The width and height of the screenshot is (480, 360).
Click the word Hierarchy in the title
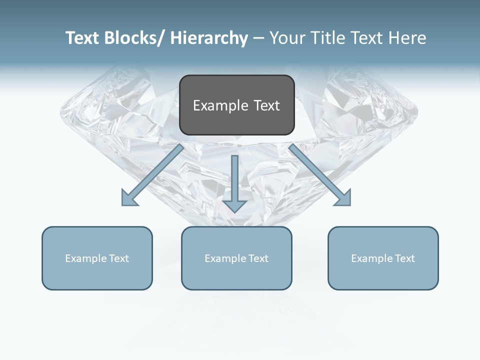209,38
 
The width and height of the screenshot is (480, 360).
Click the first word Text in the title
82,38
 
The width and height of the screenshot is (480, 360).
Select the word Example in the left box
86,258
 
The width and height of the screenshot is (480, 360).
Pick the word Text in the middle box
257,258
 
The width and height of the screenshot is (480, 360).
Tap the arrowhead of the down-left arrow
129,199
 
